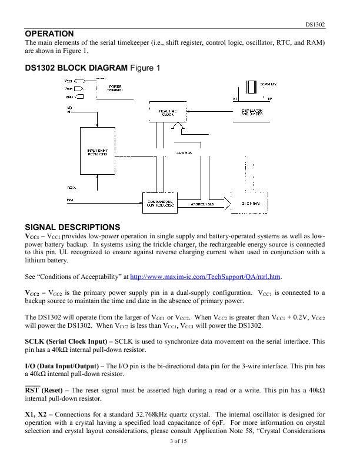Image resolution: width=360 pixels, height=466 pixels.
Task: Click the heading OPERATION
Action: [49, 34]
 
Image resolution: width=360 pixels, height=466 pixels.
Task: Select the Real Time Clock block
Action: [168, 113]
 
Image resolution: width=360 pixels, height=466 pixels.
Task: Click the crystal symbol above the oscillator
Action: [252, 88]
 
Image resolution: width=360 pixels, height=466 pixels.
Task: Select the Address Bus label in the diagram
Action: [203, 204]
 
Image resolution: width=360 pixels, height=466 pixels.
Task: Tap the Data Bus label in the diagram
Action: [184, 152]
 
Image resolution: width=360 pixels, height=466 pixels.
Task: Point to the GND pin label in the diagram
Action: [68, 96]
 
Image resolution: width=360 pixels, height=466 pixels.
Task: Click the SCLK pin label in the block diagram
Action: [71, 187]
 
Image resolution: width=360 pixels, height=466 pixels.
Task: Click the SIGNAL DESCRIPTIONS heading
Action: [64, 227]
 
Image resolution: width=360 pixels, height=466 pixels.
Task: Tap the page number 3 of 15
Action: [179, 458]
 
